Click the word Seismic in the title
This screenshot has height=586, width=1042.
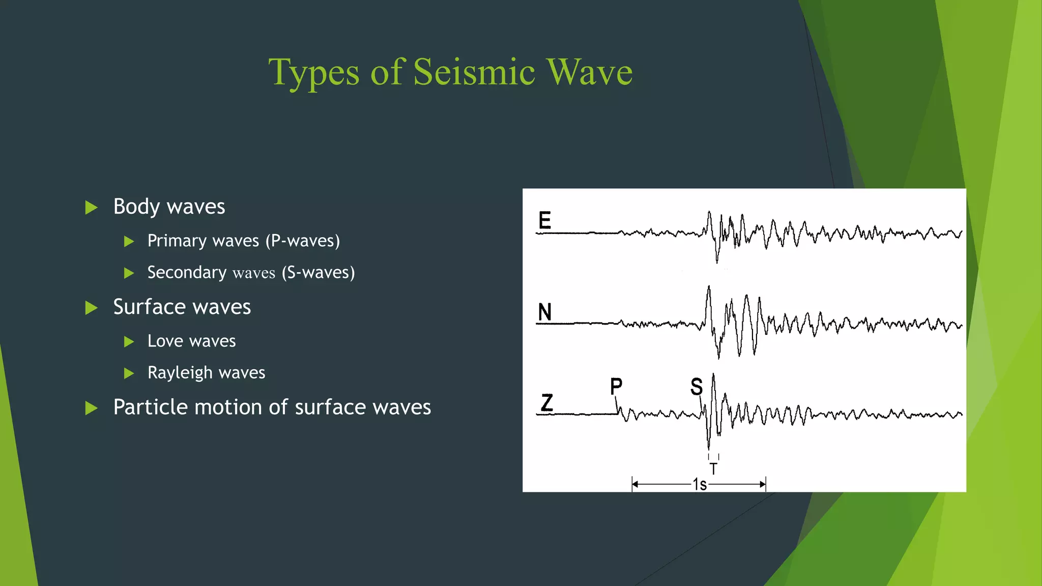pos(474,72)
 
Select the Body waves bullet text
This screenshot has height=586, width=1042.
pos(169,207)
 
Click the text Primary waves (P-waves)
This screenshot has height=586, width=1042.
pos(244,241)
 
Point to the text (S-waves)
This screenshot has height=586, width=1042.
pos(318,273)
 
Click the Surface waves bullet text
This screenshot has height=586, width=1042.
pos(182,307)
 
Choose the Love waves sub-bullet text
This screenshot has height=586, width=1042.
pos(191,341)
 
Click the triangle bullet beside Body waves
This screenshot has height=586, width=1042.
pos(91,208)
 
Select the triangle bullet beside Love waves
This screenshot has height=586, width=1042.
pos(129,342)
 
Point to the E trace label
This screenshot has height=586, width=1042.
pos(544,221)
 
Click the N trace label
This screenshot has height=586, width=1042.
pos(544,312)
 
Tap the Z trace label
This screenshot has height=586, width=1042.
pos(547,403)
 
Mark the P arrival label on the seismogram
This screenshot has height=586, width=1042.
pos(616,386)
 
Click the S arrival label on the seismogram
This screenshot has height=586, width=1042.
pos(697,387)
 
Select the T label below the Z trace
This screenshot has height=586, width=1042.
pos(713,468)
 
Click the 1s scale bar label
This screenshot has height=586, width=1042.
pos(700,485)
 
